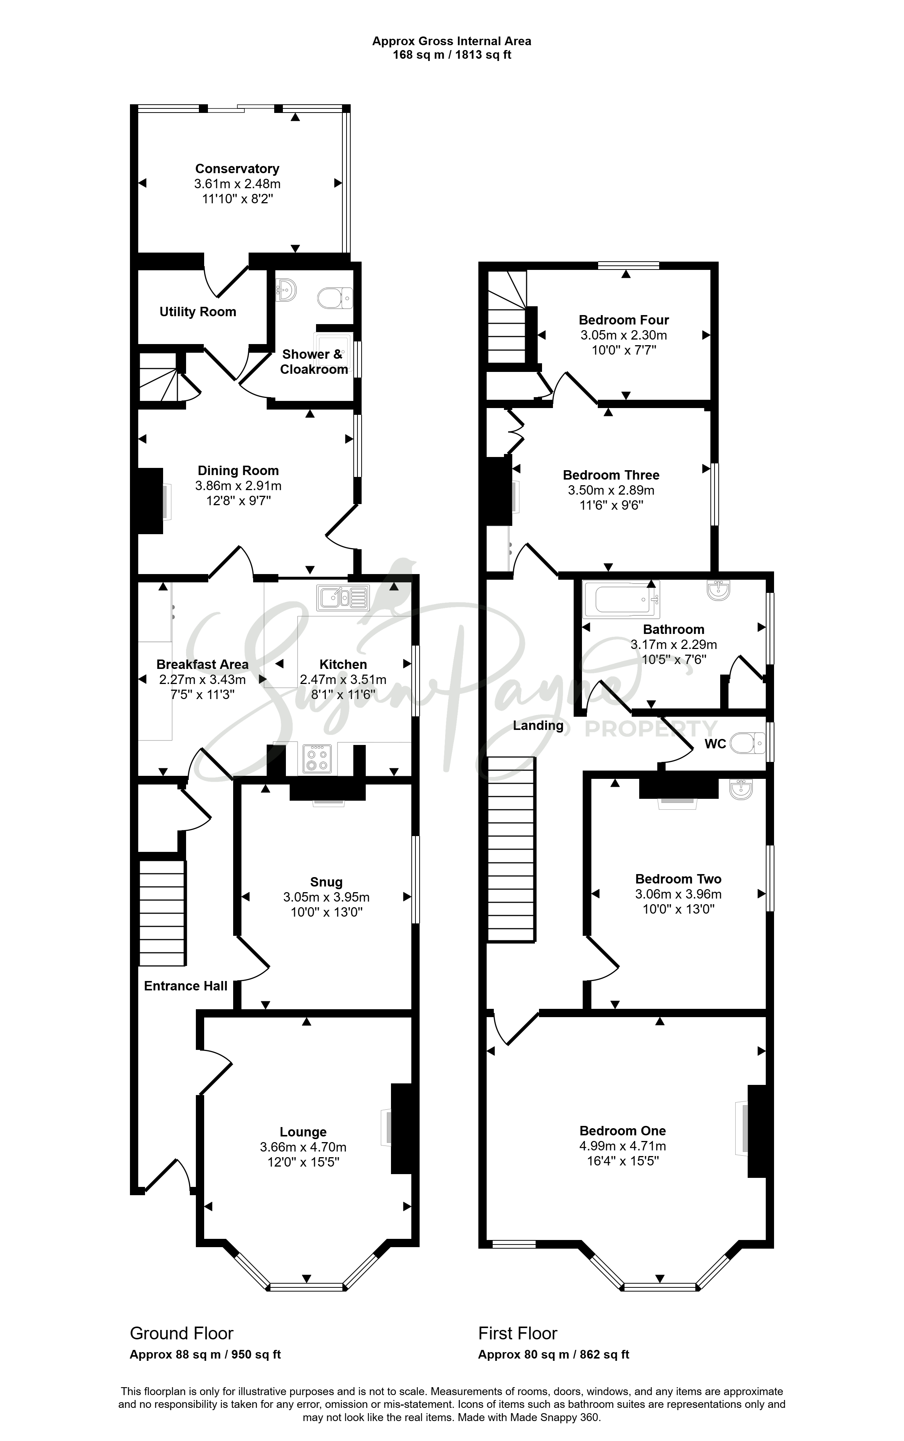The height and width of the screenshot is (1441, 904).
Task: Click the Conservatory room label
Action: [x=237, y=169]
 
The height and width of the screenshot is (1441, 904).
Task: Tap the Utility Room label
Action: [x=198, y=312]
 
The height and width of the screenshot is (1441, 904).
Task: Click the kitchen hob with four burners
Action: [x=316, y=759]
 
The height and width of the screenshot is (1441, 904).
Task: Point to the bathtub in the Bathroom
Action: [x=621, y=599]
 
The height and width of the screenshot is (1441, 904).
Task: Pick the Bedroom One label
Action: [x=622, y=1131]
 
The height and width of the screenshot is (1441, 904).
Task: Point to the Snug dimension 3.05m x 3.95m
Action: [x=327, y=897]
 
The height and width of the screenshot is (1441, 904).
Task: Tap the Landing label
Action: [x=538, y=725]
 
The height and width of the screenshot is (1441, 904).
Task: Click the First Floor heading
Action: [x=518, y=1333]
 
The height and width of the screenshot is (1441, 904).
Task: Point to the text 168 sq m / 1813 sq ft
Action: [x=452, y=55]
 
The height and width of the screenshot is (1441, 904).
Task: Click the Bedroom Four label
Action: [x=624, y=320]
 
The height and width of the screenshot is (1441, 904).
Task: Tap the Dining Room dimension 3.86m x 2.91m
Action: [x=238, y=486]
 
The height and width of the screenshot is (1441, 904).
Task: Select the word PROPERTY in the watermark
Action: [x=651, y=729]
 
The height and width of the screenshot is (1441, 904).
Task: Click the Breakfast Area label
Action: [x=202, y=664]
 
